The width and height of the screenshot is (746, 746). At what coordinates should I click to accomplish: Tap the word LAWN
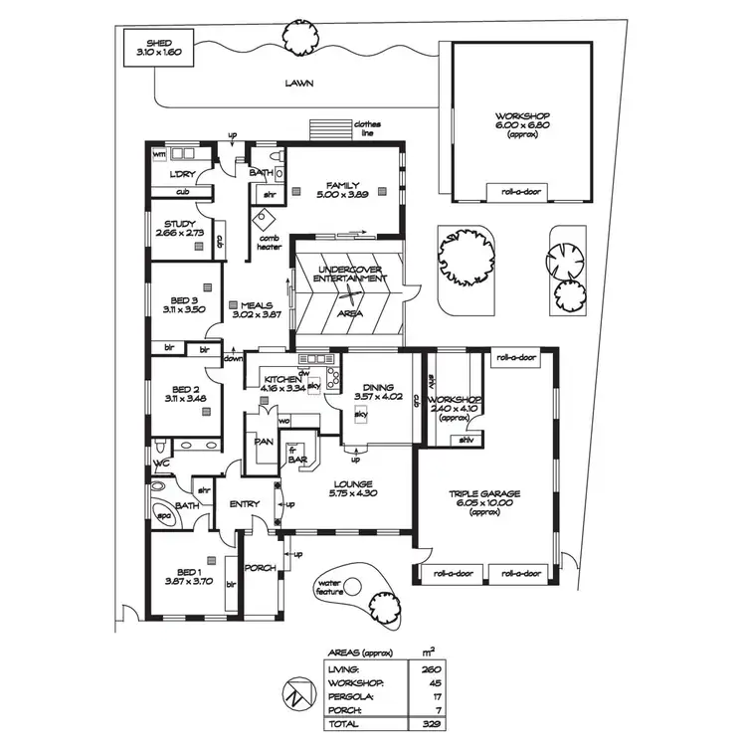tap(298, 85)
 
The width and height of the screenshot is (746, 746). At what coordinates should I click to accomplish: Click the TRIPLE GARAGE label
tap(484, 494)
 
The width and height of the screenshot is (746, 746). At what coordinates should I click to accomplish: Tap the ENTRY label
tap(245, 504)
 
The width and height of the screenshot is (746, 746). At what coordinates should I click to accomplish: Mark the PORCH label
tap(261, 569)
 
